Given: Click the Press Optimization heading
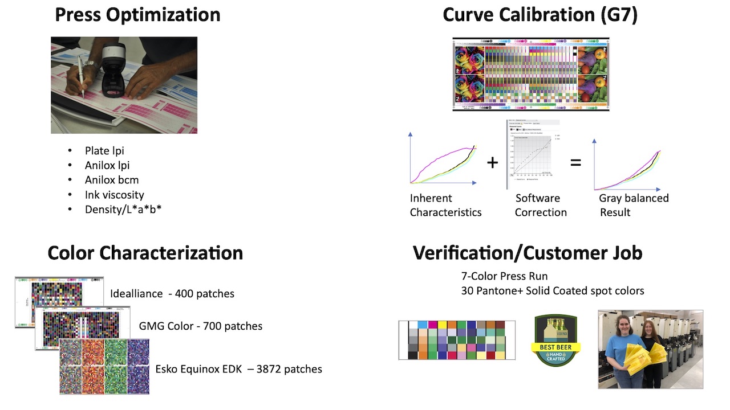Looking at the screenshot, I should (137, 15).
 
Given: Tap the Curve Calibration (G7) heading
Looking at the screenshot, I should (540, 15).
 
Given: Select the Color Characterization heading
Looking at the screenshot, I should (145, 253).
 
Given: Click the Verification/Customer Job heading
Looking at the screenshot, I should (528, 253).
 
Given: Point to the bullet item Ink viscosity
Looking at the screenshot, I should (114, 195).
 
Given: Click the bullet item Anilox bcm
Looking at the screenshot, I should (112, 180).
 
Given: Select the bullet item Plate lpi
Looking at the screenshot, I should (104, 151).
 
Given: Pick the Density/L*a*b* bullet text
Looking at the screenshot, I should (124, 209).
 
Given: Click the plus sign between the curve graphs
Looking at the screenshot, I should (492, 163).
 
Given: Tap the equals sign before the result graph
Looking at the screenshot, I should (575, 163).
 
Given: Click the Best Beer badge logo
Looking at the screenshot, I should (556, 341).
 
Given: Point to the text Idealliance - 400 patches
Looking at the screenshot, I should (172, 294).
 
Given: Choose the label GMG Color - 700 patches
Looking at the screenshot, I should (201, 326).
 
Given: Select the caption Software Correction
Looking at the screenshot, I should (541, 205).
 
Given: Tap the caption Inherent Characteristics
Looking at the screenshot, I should (445, 205).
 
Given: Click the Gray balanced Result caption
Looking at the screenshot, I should (633, 205).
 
